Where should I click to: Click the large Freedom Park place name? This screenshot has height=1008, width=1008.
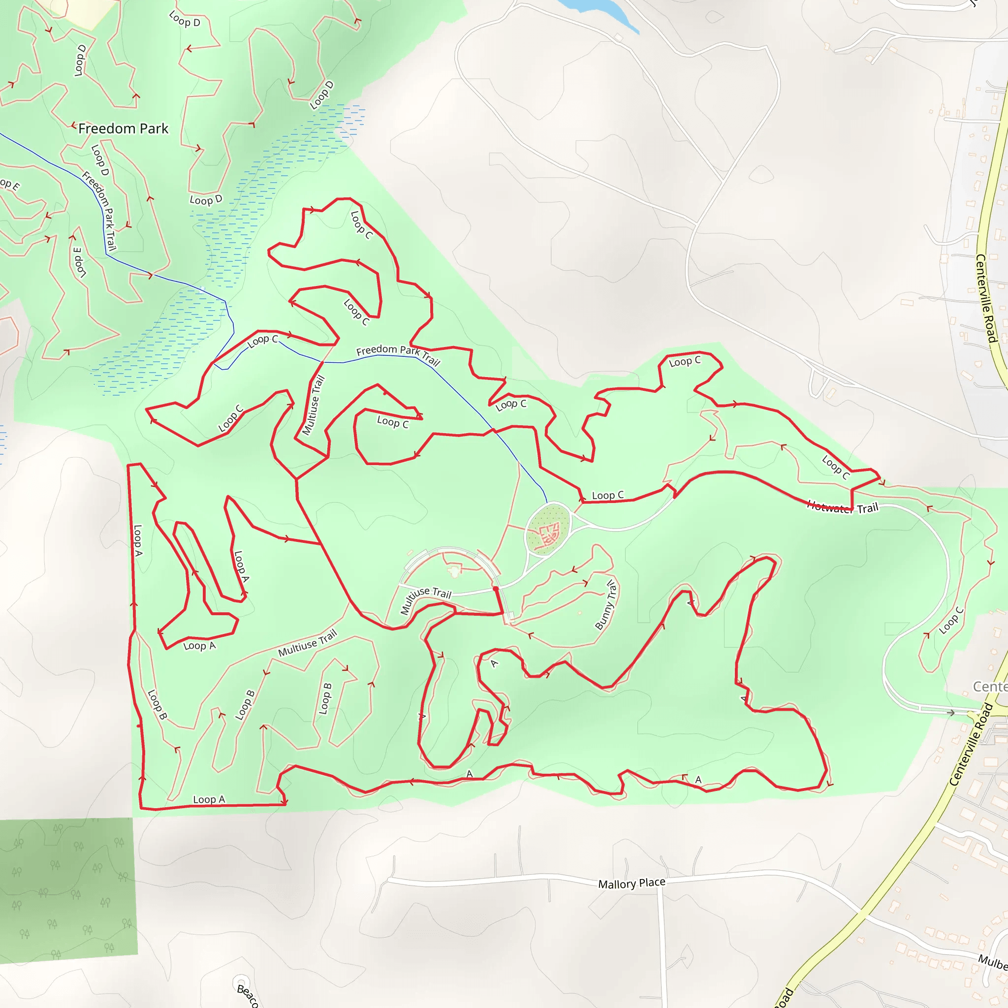pos(123,128)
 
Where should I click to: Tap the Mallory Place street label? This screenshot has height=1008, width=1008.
pos(631,883)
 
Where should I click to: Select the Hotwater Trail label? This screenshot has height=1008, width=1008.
pos(843,507)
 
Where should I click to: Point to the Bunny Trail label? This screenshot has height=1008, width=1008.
pos(606,605)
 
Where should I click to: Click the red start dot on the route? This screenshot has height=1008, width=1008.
pos(496,589)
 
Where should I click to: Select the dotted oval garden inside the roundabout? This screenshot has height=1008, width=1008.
pos(546,529)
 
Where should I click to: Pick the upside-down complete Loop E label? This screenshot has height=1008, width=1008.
pos(79,262)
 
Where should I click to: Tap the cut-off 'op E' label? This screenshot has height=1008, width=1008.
pos(9,185)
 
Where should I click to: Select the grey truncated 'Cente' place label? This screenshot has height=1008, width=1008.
pos(990,687)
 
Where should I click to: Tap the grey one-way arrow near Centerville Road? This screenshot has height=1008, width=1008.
pos(950,713)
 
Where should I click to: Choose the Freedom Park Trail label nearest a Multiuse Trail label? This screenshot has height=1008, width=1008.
pos(398,354)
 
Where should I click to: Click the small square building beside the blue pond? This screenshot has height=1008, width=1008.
pos(619,37)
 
